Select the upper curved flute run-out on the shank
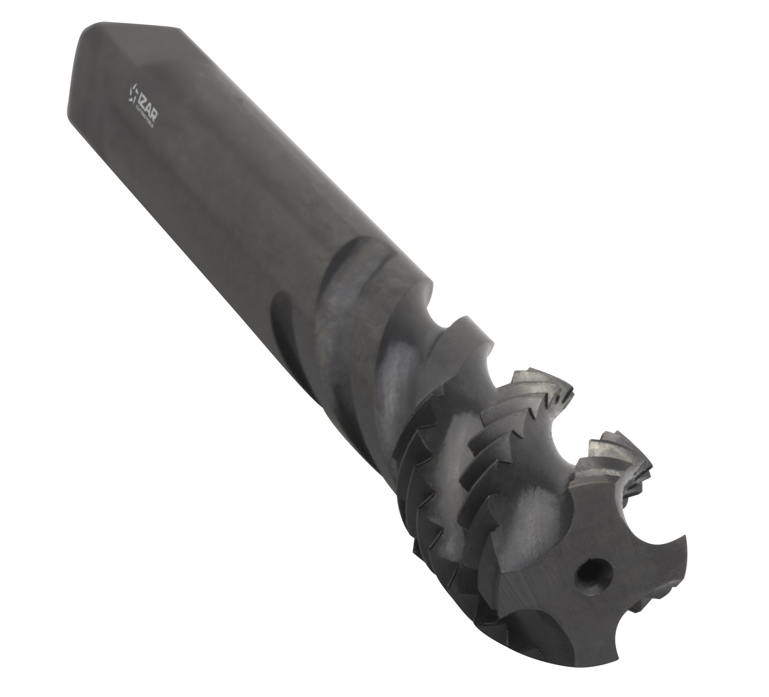pos(346,250)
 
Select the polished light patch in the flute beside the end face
pos(538,511)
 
